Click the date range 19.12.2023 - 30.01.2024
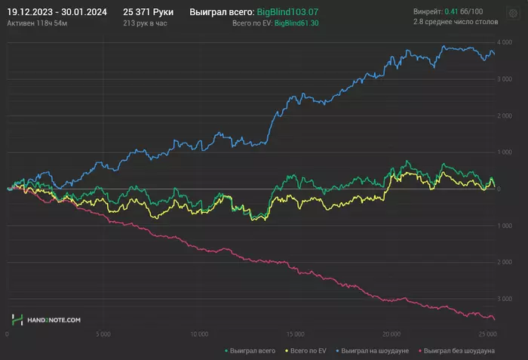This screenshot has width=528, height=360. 57,12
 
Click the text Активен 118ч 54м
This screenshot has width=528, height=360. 36,24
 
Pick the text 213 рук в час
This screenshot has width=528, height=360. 145,24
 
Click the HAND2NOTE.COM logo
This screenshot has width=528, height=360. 47,321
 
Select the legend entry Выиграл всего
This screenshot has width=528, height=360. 253,351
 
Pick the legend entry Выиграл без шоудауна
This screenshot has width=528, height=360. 459,351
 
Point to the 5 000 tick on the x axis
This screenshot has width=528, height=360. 103,333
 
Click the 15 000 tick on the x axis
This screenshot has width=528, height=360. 295,333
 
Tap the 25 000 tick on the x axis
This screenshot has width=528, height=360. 487,333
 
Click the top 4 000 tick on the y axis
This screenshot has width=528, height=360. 505,43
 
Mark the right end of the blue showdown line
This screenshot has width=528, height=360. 494,53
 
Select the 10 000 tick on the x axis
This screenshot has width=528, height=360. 199,333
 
